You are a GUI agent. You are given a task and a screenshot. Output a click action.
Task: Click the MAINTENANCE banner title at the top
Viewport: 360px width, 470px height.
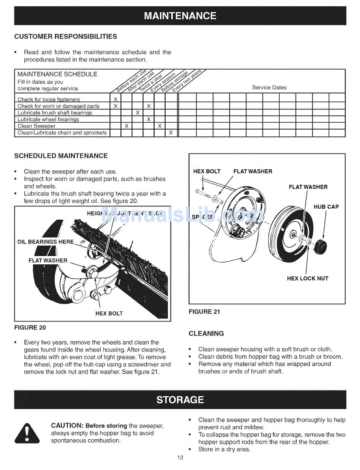point(180,16)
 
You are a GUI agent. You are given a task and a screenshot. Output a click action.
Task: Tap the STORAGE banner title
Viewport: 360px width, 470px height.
point(180,400)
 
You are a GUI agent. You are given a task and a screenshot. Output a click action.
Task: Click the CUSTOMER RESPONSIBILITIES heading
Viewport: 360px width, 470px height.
point(66,36)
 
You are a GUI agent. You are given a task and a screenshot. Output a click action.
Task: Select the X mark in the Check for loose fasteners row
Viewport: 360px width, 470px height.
point(116,100)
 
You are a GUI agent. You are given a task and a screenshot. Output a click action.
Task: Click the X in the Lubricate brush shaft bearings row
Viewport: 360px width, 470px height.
point(138,113)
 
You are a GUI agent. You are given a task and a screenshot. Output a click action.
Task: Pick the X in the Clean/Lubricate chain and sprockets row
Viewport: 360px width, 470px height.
point(171,133)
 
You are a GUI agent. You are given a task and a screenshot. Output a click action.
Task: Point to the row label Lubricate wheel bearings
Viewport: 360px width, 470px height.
point(49,119)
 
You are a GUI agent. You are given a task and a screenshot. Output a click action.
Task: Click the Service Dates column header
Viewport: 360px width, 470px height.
point(269,87)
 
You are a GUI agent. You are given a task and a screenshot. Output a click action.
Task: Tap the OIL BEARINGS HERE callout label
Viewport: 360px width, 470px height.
point(46,242)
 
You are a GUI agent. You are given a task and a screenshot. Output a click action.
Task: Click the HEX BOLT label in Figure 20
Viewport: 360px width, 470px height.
point(109,313)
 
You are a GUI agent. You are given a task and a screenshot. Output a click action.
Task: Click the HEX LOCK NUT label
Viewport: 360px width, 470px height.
point(308,278)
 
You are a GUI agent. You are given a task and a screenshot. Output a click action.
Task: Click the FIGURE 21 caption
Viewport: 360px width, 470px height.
point(204,312)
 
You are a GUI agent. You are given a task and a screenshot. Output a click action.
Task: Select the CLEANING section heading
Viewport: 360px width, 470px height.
point(206,334)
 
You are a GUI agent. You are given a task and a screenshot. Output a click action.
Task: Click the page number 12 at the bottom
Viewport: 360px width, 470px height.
point(180,458)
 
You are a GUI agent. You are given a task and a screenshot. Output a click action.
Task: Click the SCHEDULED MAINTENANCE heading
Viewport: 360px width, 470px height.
point(61,156)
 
